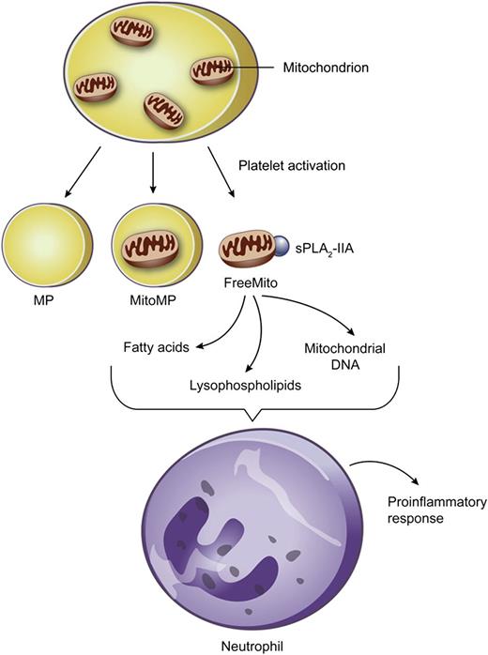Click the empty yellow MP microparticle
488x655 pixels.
click(x=40, y=250)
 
